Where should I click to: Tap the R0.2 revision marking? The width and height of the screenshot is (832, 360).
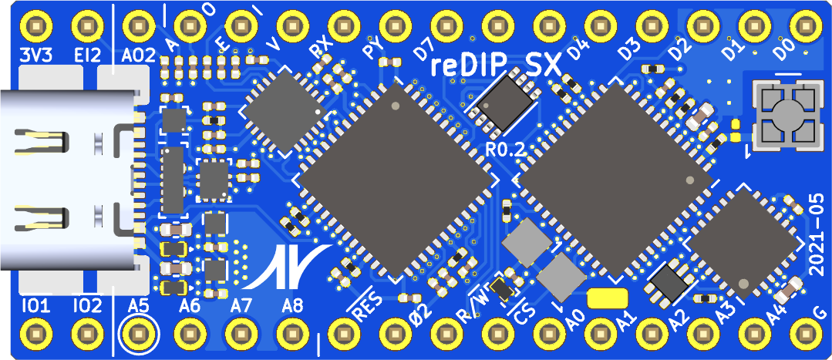tap(505, 150)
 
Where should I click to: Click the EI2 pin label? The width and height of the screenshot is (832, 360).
tap(86, 56)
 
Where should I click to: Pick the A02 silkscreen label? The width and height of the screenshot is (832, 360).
tap(140, 56)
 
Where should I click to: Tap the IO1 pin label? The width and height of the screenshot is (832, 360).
tap(35, 306)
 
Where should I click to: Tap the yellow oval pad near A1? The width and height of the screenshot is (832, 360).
tap(608, 298)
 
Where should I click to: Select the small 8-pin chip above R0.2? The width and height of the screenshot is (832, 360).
tap(505, 106)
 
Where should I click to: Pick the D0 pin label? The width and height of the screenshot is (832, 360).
tap(783, 51)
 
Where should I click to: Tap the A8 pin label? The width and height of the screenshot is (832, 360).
tap(292, 306)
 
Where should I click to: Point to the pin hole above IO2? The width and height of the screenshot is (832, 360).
tap(86, 335)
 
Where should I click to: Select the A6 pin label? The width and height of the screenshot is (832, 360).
tap(190, 306)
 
